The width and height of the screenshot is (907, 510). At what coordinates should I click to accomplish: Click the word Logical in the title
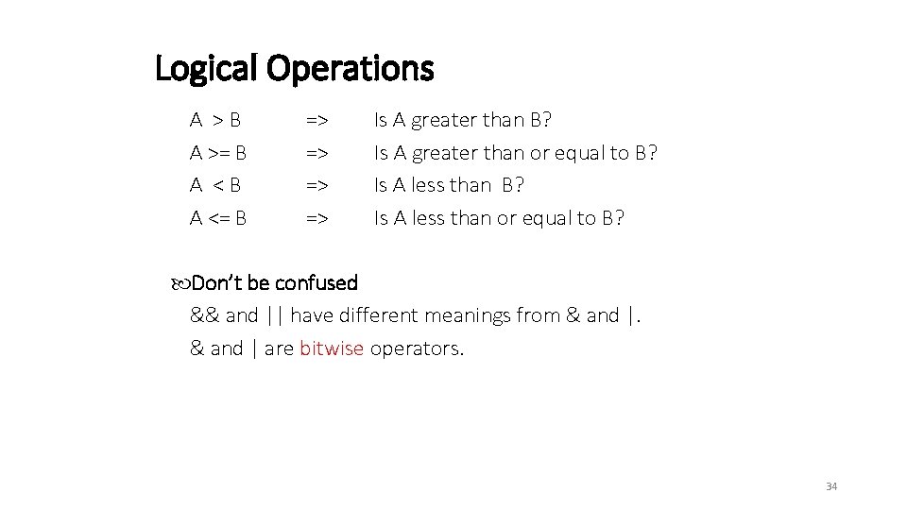(207, 68)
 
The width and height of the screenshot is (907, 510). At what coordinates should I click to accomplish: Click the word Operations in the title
(351, 68)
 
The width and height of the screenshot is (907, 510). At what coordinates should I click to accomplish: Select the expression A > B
(215, 120)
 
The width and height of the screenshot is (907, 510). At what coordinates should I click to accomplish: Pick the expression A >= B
(219, 152)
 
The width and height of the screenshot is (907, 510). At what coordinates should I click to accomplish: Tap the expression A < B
(215, 185)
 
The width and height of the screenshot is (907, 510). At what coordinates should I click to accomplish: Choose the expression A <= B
(219, 218)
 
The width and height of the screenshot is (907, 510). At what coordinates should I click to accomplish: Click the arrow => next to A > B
(317, 120)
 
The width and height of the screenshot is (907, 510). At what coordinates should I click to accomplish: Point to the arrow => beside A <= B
(317, 218)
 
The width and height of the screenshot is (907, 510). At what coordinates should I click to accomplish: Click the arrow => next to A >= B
(317, 152)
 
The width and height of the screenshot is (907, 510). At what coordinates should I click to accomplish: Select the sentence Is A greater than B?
(464, 120)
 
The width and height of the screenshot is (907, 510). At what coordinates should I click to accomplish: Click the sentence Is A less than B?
(450, 185)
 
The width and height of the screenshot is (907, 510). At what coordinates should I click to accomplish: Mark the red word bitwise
(332, 348)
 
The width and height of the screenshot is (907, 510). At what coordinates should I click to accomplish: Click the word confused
(316, 282)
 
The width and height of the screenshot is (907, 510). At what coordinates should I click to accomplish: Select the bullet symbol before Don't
(181, 283)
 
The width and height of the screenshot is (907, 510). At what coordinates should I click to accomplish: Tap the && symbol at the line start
(205, 315)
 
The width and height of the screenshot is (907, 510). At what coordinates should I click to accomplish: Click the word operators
(418, 348)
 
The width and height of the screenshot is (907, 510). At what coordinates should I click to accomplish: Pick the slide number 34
(831, 486)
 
